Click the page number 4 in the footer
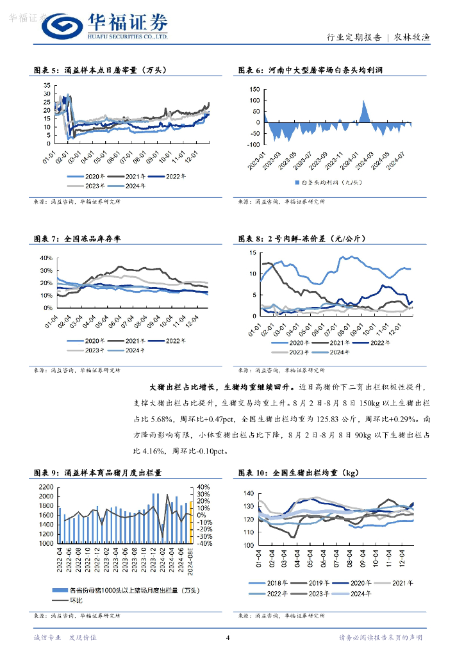[x=228, y=637]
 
